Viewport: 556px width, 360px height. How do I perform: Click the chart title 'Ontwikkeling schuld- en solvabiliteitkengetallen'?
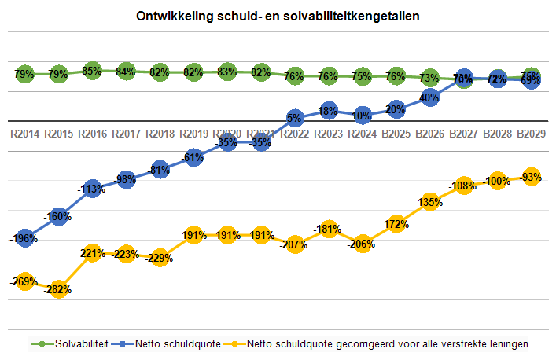(x=278, y=16)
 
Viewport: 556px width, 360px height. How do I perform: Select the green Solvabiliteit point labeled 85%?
(x=92, y=71)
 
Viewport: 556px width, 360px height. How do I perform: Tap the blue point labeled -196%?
(x=24, y=238)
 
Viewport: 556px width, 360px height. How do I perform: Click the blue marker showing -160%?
(x=58, y=217)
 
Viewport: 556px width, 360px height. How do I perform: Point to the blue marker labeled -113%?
(x=92, y=189)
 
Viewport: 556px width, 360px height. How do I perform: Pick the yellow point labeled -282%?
(x=58, y=289)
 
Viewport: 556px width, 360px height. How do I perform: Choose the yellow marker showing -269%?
(x=24, y=281)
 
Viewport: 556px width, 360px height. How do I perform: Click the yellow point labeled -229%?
(x=160, y=257)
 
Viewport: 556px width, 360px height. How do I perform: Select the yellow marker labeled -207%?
(x=295, y=244)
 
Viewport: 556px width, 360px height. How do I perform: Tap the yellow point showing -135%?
(x=429, y=202)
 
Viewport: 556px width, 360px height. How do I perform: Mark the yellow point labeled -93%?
(x=531, y=177)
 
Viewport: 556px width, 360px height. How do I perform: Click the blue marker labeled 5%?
(x=295, y=119)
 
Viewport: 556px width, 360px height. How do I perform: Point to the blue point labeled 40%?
(x=429, y=98)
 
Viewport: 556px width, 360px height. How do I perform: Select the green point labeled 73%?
(x=429, y=78)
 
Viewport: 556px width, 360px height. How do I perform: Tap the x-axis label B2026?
(x=429, y=134)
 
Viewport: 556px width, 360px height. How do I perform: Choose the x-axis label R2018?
(x=160, y=134)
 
